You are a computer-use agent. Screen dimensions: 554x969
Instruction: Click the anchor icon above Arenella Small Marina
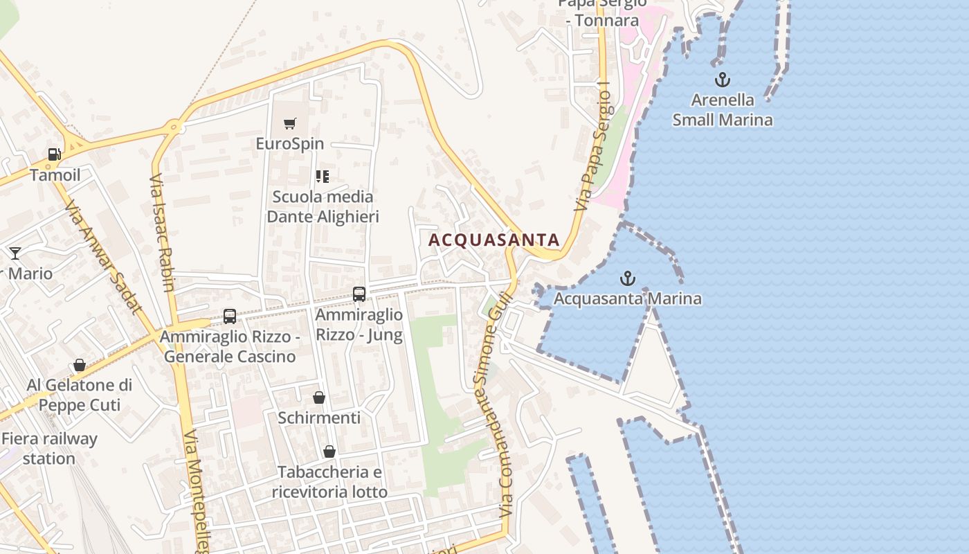click(x=722, y=80)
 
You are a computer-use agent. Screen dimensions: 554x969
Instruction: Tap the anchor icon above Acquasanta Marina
click(x=627, y=278)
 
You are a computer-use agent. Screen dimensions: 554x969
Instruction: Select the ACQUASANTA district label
click(x=494, y=240)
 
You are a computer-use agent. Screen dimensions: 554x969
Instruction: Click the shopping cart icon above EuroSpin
click(x=290, y=124)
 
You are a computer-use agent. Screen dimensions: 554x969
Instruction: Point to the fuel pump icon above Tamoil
click(x=55, y=154)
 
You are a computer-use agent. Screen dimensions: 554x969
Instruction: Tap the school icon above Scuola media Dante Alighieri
click(x=323, y=177)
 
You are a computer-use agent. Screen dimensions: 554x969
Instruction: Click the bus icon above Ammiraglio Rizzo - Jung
click(x=359, y=294)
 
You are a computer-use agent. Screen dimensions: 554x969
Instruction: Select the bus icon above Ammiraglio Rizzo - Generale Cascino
click(x=230, y=316)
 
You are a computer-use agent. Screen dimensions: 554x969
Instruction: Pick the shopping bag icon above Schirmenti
click(x=319, y=397)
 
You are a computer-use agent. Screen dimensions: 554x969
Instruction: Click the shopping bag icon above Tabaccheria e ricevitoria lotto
click(x=329, y=452)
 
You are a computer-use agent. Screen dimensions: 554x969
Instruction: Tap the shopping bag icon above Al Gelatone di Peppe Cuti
click(x=80, y=365)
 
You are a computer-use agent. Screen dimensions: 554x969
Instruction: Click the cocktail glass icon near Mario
click(x=15, y=253)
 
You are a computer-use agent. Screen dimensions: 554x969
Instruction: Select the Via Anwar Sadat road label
click(x=102, y=257)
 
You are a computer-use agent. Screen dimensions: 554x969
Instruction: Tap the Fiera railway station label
click(x=49, y=448)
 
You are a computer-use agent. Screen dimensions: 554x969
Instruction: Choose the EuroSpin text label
click(x=290, y=144)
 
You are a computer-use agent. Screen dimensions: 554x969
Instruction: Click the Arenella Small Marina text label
click(x=723, y=109)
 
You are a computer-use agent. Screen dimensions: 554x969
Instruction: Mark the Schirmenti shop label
click(x=319, y=418)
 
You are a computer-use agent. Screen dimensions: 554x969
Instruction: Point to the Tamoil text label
click(x=55, y=175)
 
